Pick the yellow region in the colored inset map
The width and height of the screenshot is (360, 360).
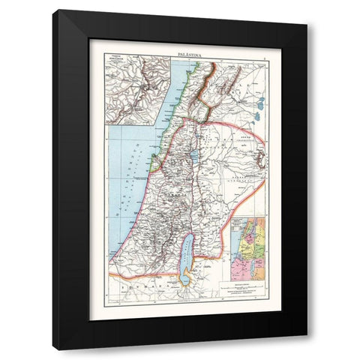pyautogui.click(x=259, y=225)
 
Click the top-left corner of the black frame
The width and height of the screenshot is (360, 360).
pyautogui.click(x=53, y=10)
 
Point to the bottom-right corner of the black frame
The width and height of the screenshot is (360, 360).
pyautogui.click(x=307, y=349)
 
